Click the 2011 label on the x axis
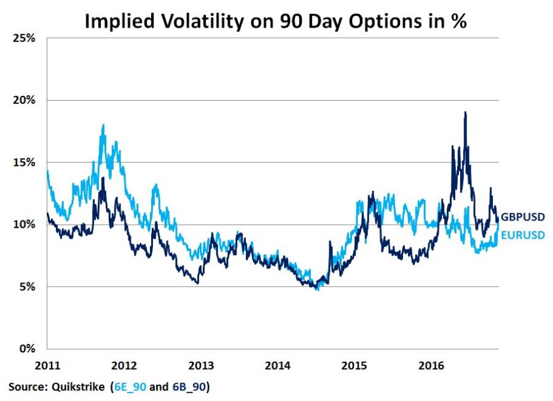tap(48, 366)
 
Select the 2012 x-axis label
tap(125, 366)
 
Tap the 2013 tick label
tap(201, 366)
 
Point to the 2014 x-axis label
tap(278, 366)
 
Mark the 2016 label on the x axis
tap(431, 366)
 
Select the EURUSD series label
tap(523, 235)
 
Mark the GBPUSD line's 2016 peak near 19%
tap(465, 112)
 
